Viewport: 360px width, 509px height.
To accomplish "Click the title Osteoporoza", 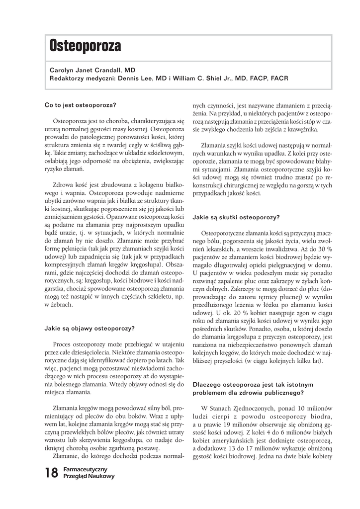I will (85, 47).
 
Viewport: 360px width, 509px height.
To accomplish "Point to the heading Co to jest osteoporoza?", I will (80, 105).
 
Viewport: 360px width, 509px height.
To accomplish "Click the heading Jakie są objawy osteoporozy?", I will (90, 328).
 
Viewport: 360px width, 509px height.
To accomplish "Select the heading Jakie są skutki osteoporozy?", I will (236, 217).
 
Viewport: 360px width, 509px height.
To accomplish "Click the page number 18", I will (51, 473).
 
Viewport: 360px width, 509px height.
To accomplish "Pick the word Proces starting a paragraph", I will (64, 344).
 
